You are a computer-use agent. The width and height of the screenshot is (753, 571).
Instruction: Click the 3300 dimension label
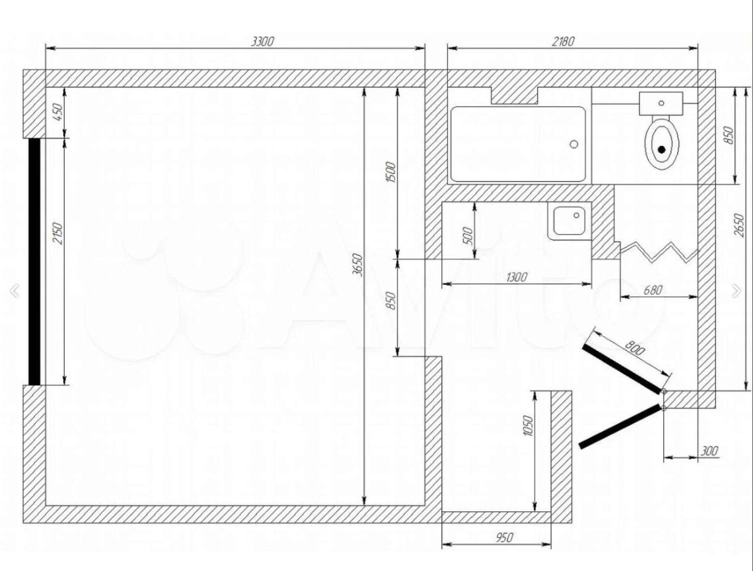[x=262, y=41]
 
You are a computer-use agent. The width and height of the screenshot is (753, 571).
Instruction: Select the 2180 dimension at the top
[x=563, y=41]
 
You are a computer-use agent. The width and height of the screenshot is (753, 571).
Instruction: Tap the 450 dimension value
[x=58, y=112]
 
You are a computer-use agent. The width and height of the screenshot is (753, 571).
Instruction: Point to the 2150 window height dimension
[x=58, y=234]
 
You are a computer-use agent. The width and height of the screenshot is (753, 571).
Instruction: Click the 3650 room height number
[x=357, y=265]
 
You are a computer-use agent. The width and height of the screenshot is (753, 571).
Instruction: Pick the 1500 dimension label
[x=391, y=172]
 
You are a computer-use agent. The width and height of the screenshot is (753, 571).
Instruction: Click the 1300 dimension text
[x=517, y=277]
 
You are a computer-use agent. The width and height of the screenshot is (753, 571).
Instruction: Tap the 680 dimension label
[x=653, y=290]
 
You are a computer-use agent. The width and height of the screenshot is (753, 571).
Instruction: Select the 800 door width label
[x=635, y=348]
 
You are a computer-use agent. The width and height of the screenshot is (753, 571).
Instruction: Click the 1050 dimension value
[x=528, y=425]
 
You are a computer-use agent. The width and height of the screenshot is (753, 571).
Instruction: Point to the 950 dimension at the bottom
[x=504, y=537]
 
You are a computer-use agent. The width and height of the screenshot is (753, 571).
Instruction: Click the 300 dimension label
[x=709, y=451]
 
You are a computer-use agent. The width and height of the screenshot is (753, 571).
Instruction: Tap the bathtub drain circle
[x=574, y=144]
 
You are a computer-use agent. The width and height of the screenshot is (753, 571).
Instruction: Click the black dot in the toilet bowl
[x=662, y=150]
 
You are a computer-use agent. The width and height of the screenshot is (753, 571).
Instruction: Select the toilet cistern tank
[x=661, y=104]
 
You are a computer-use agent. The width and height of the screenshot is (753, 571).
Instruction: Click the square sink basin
[x=569, y=221]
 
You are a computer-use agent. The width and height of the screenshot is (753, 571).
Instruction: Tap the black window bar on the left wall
[x=35, y=261]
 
